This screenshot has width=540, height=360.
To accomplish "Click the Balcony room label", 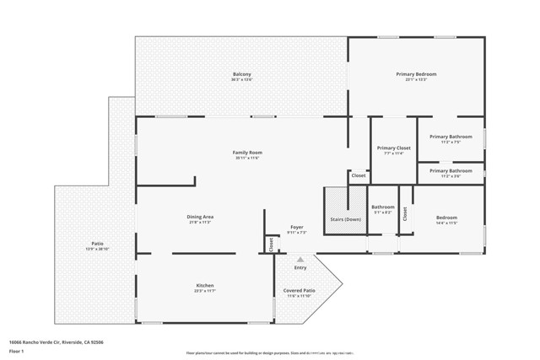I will coord(241,74).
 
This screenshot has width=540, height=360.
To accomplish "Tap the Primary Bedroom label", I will coord(416,74).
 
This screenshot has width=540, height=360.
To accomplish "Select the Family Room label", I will coord(246,153).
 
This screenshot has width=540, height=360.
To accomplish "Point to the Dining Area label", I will coord(199,218).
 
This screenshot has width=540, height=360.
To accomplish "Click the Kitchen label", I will coord(205,286).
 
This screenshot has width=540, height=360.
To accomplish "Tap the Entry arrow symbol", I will coord(300,260).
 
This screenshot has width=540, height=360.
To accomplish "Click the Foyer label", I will coord(296,227).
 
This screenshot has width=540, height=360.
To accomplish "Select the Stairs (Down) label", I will coord(346,218).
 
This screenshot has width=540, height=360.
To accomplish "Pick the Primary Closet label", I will coord(393,148).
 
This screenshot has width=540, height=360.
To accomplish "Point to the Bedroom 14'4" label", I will coord(446,218).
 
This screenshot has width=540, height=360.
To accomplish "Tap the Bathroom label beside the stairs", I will coord(383,207).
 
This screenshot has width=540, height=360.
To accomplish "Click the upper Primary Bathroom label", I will coord(450,137).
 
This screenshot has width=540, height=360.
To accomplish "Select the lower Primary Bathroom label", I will coord(450,171).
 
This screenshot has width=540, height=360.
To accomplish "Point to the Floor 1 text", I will coord(18,352).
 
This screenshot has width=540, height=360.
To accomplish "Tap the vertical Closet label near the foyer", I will coord(271,244).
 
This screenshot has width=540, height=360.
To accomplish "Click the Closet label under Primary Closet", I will coord(359,175).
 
